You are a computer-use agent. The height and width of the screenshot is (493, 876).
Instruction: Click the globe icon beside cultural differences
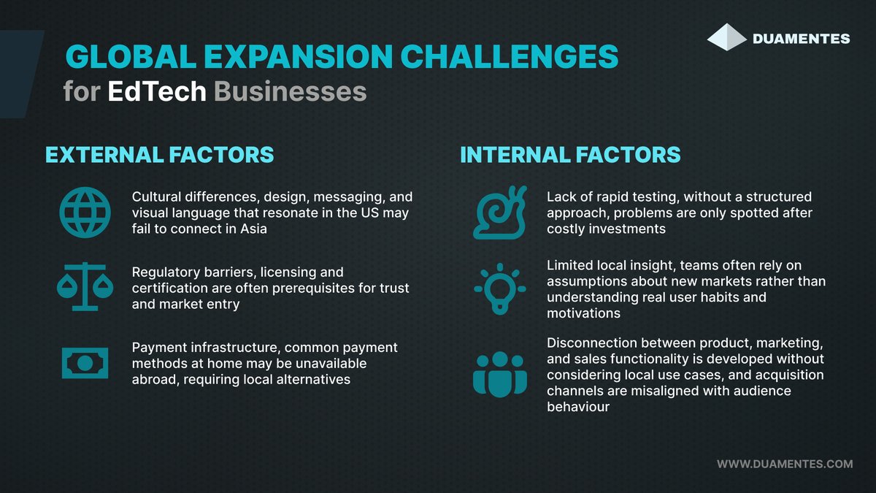pyautogui.click(x=85, y=211)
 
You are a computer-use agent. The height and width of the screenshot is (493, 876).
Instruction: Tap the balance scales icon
pyautogui.click(x=85, y=286)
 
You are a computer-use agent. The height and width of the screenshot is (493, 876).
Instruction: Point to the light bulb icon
pyautogui.click(x=499, y=289)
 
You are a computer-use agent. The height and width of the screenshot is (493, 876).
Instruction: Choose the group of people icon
pyautogui.click(x=499, y=374)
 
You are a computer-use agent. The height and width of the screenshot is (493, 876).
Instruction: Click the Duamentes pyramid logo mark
pyautogui.click(x=727, y=37)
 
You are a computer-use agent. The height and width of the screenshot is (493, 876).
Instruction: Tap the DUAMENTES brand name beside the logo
pyautogui.click(x=802, y=39)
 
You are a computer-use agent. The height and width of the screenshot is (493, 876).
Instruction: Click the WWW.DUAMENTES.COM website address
pyautogui.click(x=785, y=464)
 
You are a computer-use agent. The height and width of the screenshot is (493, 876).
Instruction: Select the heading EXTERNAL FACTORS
pyautogui.click(x=160, y=155)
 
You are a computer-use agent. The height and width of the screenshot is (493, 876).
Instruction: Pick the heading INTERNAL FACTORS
pyautogui.click(x=570, y=155)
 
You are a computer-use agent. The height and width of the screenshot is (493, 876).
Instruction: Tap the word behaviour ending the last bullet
pyautogui.click(x=578, y=406)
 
